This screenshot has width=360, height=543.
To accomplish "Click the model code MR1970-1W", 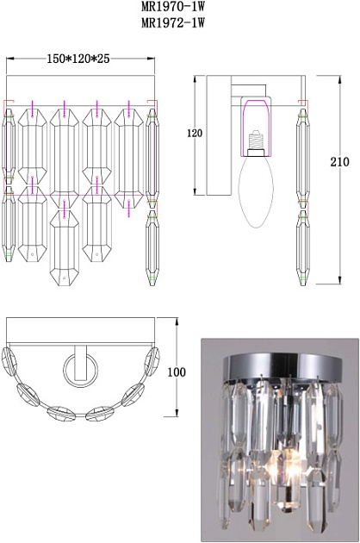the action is pyautogui.click(x=173, y=6).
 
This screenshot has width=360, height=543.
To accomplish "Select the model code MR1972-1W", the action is pyautogui.click(x=173, y=23).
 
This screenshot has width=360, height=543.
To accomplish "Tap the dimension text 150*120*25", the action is pyautogui.click(x=78, y=59).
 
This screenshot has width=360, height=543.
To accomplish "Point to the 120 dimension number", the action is pyautogui.click(x=195, y=133).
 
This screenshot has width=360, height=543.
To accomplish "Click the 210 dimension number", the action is pyautogui.click(x=339, y=162).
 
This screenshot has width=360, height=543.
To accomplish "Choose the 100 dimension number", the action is pyautogui.click(x=177, y=372).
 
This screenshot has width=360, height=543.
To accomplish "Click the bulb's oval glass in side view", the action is pyautogui.click(x=257, y=191).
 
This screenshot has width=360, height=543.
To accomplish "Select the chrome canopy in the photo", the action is pyautogui.click(x=282, y=367).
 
